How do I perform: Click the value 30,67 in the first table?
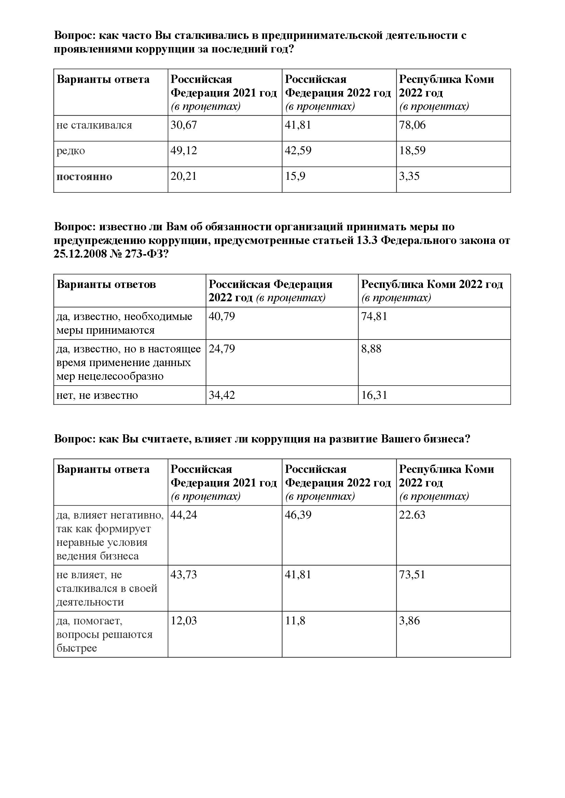click(x=184, y=125)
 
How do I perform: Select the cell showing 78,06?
click(x=412, y=125)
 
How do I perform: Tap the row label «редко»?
click(x=71, y=151)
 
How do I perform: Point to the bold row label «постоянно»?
click(x=84, y=177)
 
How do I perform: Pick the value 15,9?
click(x=295, y=176)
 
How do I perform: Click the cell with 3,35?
click(x=409, y=176)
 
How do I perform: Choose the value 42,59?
click(x=298, y=150)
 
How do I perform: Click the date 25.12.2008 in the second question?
click(x=80, y=254)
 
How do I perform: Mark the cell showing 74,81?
click(x=374, y=316)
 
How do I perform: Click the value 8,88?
click(x=371, y=349)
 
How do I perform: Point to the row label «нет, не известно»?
click(x=97, y=395)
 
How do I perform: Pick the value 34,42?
click(x=222, y=395)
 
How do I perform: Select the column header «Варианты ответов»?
click(x=106, y=284)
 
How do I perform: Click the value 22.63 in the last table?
click(x=412, y=515)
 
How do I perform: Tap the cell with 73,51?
click(x=412, y=575)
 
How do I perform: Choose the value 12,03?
click(x=184, y=621)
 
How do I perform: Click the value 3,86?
click(x=409, y=621)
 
